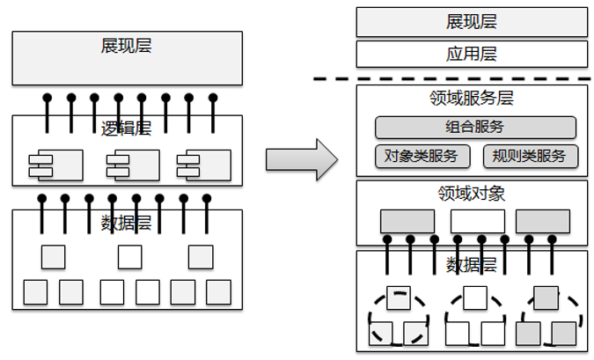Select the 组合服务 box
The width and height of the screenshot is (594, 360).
[x=475, y=127]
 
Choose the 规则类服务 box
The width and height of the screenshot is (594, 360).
[x=531, y=157]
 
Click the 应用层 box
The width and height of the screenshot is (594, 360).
[x=472, y=55]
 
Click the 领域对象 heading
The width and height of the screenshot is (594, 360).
[x=472, y=193]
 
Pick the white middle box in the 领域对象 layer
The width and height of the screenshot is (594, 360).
[x=477, y=221]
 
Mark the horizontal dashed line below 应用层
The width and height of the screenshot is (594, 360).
[x=453, y=78]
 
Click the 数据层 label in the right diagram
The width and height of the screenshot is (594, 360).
[x=472, y=264]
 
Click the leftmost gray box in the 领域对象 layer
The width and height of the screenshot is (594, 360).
[x=407, y=221]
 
